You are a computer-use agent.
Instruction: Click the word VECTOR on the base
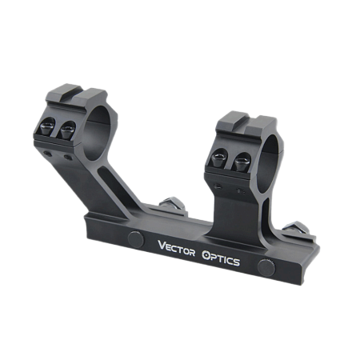[176, 248]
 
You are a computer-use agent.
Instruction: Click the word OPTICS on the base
[221, 258]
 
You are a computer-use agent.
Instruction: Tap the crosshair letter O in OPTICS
[206, 255]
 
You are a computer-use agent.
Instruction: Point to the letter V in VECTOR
[162, 245]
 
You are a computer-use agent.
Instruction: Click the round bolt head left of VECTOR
[136, 239]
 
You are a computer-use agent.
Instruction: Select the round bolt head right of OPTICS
[266, 267]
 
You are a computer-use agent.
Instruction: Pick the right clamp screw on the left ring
[68, 130]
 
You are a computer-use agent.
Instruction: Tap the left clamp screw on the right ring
[219, 158]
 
